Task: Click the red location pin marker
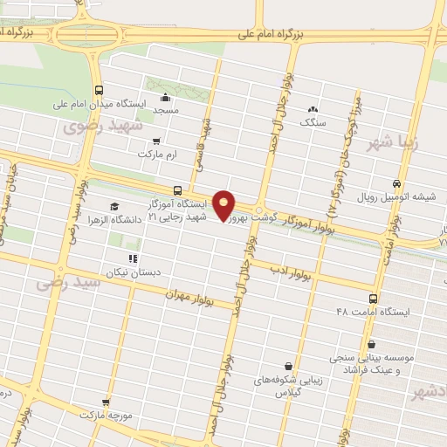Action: pos(224,204)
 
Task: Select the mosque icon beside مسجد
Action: pos(165,98)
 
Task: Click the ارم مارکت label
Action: pos(157,154)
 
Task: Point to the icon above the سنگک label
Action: pos(313,109)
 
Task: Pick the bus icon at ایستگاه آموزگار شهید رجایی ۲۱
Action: pos(178,190)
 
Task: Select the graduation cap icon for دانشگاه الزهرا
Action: pos(114,206)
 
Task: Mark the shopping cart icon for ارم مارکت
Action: pos(156,141)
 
